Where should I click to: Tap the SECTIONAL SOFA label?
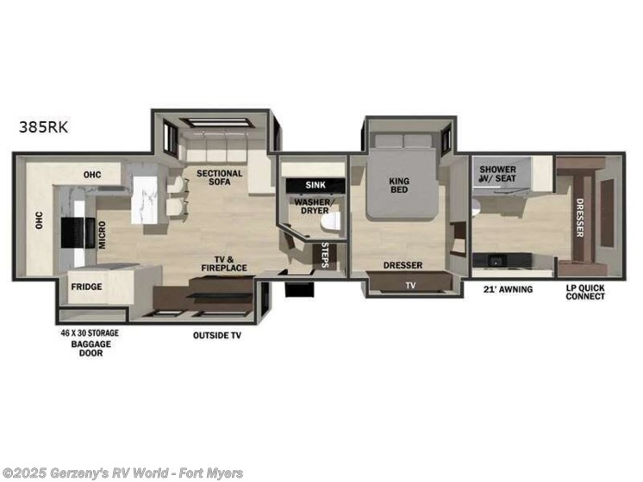coord(219,178)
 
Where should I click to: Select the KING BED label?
coord(398,185)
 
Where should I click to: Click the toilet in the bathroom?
coord(328,222)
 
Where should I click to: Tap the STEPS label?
coord(324,255)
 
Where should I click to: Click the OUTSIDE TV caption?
coord(216,336)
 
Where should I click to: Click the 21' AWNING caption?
coord(509,289)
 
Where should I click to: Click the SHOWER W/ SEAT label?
coord(498,174)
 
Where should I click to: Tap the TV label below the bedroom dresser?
coord(410,285)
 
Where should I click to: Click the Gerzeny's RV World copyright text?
coord(124,473)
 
